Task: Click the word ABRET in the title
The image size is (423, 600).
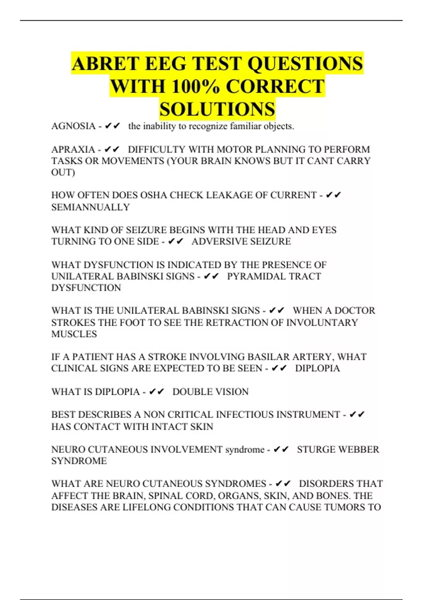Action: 105,64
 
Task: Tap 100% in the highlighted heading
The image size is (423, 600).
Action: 196,86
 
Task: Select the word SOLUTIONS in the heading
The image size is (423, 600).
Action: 217,109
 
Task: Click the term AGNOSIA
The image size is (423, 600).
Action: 73,126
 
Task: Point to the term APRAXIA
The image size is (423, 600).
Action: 73,149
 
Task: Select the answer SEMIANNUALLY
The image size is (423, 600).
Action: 91,207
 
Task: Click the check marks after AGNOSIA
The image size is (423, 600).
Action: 113,126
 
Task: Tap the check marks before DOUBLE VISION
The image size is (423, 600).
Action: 157,392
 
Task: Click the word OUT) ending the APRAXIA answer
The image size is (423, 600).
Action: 63,173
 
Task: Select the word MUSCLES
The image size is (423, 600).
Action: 74,334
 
